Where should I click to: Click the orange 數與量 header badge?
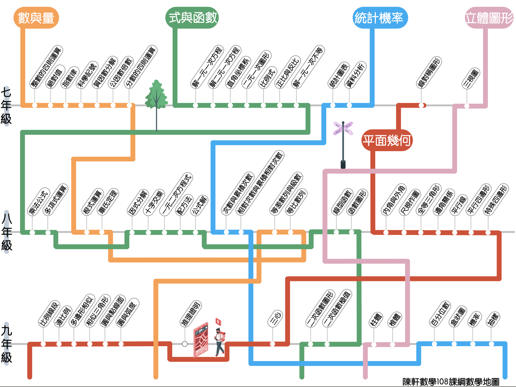coord(36,18)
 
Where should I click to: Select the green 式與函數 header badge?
coord(192,18)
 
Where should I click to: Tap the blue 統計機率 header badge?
coord(380,18)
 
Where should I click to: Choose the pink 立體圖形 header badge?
coord(489,18)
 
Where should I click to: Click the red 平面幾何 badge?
coord(387,140)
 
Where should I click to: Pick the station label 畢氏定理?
coord(108,202)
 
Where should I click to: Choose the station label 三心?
coord(275,318)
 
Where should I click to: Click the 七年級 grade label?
coord(6,106)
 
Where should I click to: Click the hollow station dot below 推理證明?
coord(185,344)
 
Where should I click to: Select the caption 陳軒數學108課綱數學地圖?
coord(450,382)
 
